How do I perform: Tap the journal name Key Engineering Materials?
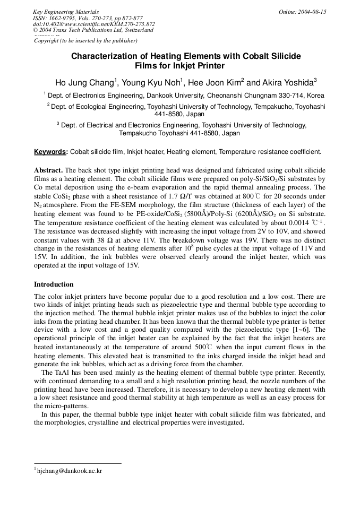[x=66, y=12]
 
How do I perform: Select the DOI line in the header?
[x=93, y=24]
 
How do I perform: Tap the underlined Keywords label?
[x=50, y=152]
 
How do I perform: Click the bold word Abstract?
[x=48, y=170]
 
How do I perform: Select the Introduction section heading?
[x=54, y=284]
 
